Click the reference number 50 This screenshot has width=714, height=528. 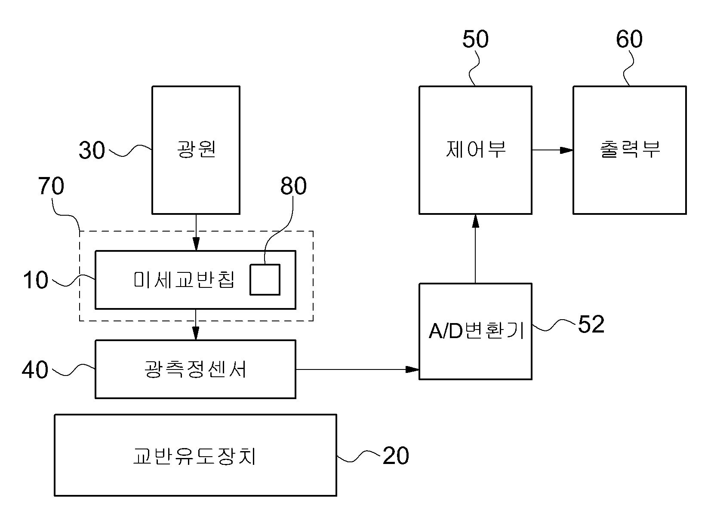tap(475, 39)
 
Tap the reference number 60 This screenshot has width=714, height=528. tap(629, 39)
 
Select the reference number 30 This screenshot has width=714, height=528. tap(92, 150)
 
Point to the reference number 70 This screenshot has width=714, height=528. tap(51, 186)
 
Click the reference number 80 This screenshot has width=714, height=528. tap(293, 186)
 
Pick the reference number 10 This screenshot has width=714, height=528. tap(35, 280)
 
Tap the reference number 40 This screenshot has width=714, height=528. tap(35, 370)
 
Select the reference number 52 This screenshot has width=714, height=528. tap(591, 324)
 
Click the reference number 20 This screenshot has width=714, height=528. tap(396, 456)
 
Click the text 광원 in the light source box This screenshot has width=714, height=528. tap(196, 149)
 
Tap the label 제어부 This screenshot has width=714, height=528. tap(475, 149)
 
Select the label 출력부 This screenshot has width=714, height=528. tap(630, 149)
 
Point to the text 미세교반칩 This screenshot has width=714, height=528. tap(184, 279)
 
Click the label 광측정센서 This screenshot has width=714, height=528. tap(195, 369)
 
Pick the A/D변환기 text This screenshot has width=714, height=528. tap(476, 331)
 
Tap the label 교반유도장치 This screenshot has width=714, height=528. tap(194, 456)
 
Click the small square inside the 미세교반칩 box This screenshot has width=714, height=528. tap(265, 279)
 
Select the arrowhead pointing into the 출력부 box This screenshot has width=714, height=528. tap(566, 150)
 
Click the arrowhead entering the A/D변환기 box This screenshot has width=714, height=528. tap(412, 369)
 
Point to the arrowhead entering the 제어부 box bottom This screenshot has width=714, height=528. tap(475, 221)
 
